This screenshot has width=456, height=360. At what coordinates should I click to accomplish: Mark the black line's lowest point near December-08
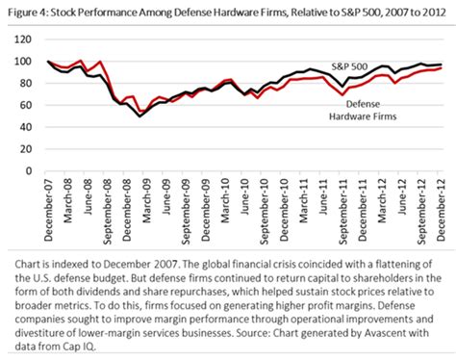pyautogui.click(x=139, y=116)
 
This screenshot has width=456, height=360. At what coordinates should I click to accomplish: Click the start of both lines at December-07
pyautogui.click(x=47, y=63)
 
